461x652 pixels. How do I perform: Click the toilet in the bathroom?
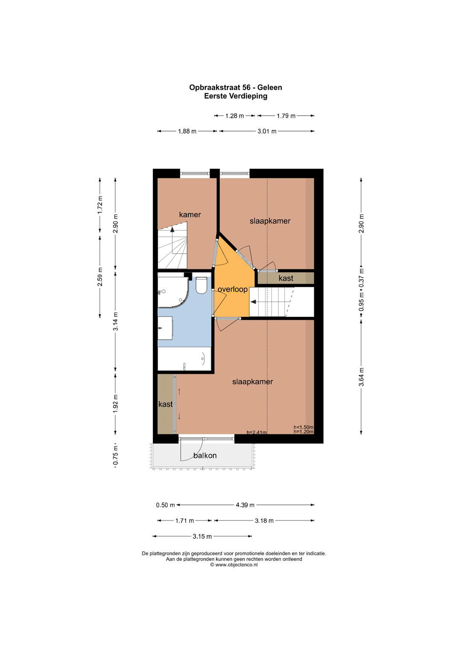pos(202,285)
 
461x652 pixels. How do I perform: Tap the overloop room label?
pos(233,289)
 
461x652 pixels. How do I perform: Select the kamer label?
pos(190,215)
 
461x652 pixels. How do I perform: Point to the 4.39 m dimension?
pos(245,505)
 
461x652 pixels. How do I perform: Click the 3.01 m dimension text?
pos(267,131)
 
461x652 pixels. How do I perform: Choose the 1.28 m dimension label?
pos(235,116)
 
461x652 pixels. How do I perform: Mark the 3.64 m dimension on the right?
pos(361,377)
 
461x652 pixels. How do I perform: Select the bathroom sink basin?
pos(165,328)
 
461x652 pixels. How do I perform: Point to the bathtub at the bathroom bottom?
pos(184,359)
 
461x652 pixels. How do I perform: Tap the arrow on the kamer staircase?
pos(172,230)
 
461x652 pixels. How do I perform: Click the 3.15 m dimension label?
pos(202,536)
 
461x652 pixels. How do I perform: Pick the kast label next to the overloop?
pos(286,278)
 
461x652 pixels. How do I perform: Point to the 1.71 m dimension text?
pos(185,520)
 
